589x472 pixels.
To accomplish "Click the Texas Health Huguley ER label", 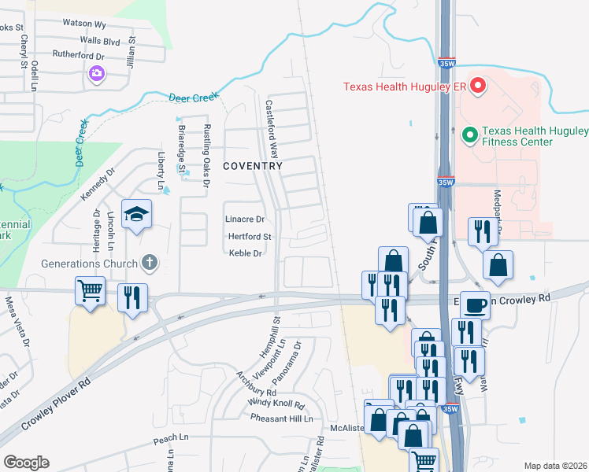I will [406, 87].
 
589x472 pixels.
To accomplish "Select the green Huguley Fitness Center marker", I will [470, 135].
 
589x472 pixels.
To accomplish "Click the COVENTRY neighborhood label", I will [253, 167].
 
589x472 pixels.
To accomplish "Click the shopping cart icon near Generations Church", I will [89, 290].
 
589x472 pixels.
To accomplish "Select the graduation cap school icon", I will [136, 214].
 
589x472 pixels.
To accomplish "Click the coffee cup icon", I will [475, 304].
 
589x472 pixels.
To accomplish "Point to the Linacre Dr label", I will [245, 219].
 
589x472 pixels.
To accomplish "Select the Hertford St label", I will [250, 236].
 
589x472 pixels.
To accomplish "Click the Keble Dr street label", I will [245, 253].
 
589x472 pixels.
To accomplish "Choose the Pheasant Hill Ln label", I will [281, 419].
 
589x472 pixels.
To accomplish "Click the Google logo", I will [26, 463].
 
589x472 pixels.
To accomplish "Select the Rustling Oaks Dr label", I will [206, 155].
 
